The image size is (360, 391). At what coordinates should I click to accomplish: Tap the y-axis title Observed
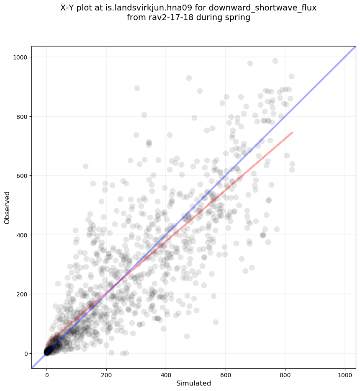click(x=8, y=207)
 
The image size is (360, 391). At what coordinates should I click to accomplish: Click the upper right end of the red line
click(x=292, y=132)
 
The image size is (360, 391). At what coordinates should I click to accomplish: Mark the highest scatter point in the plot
click(x=275, y=61)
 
